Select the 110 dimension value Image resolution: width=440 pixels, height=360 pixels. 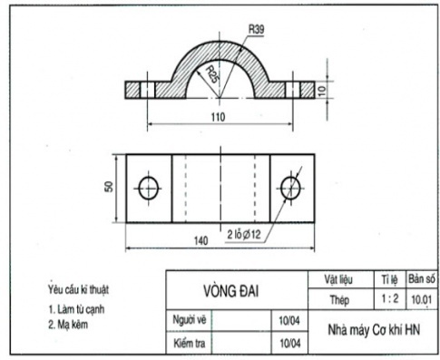(216, 117)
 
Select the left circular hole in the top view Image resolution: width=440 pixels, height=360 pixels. (148, 188)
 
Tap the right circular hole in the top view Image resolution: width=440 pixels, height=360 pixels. (290, 188)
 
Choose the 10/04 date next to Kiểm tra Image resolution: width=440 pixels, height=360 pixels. (291, 343)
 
